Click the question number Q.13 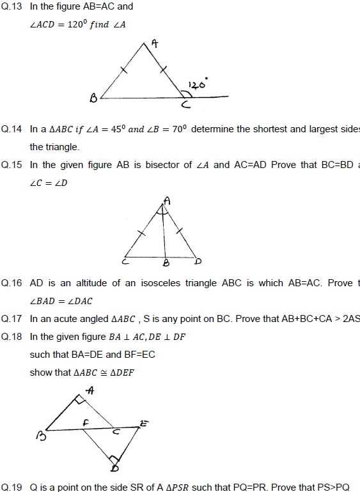tap(12, 6)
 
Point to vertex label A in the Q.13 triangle tap(154, 44)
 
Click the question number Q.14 tap(12, 129)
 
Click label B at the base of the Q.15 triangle tap(166, 263)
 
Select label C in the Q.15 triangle tap(126, 261)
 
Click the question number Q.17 tap(12, 319)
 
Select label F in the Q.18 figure tap(84, 423)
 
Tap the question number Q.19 tap(12, 487)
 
